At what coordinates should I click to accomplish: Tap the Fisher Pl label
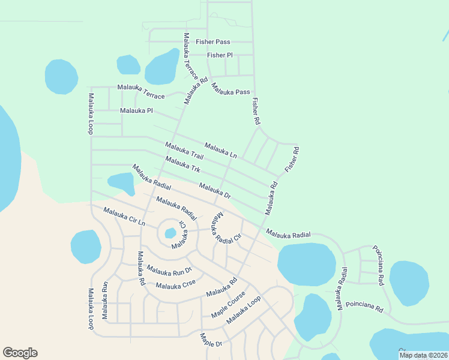pos(220,55)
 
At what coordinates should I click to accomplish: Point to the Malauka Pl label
pos(137,111)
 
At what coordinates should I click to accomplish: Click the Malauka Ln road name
pos(220,150)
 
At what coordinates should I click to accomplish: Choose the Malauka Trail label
pos(184,151)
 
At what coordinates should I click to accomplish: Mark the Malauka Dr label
pos(215,191)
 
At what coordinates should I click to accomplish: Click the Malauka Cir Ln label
pos(124,216)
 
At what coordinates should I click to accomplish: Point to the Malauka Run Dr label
pos(169,271)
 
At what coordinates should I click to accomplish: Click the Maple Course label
pos(228,305)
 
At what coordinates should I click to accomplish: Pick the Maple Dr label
pos(211,340)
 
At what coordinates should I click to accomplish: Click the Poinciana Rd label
pos(363,307)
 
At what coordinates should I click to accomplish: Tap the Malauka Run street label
pos(106,299)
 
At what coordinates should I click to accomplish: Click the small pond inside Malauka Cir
pos(170,232)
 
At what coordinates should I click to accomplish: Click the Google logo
pos(20,353)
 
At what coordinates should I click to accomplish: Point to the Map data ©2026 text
pos(423,355)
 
